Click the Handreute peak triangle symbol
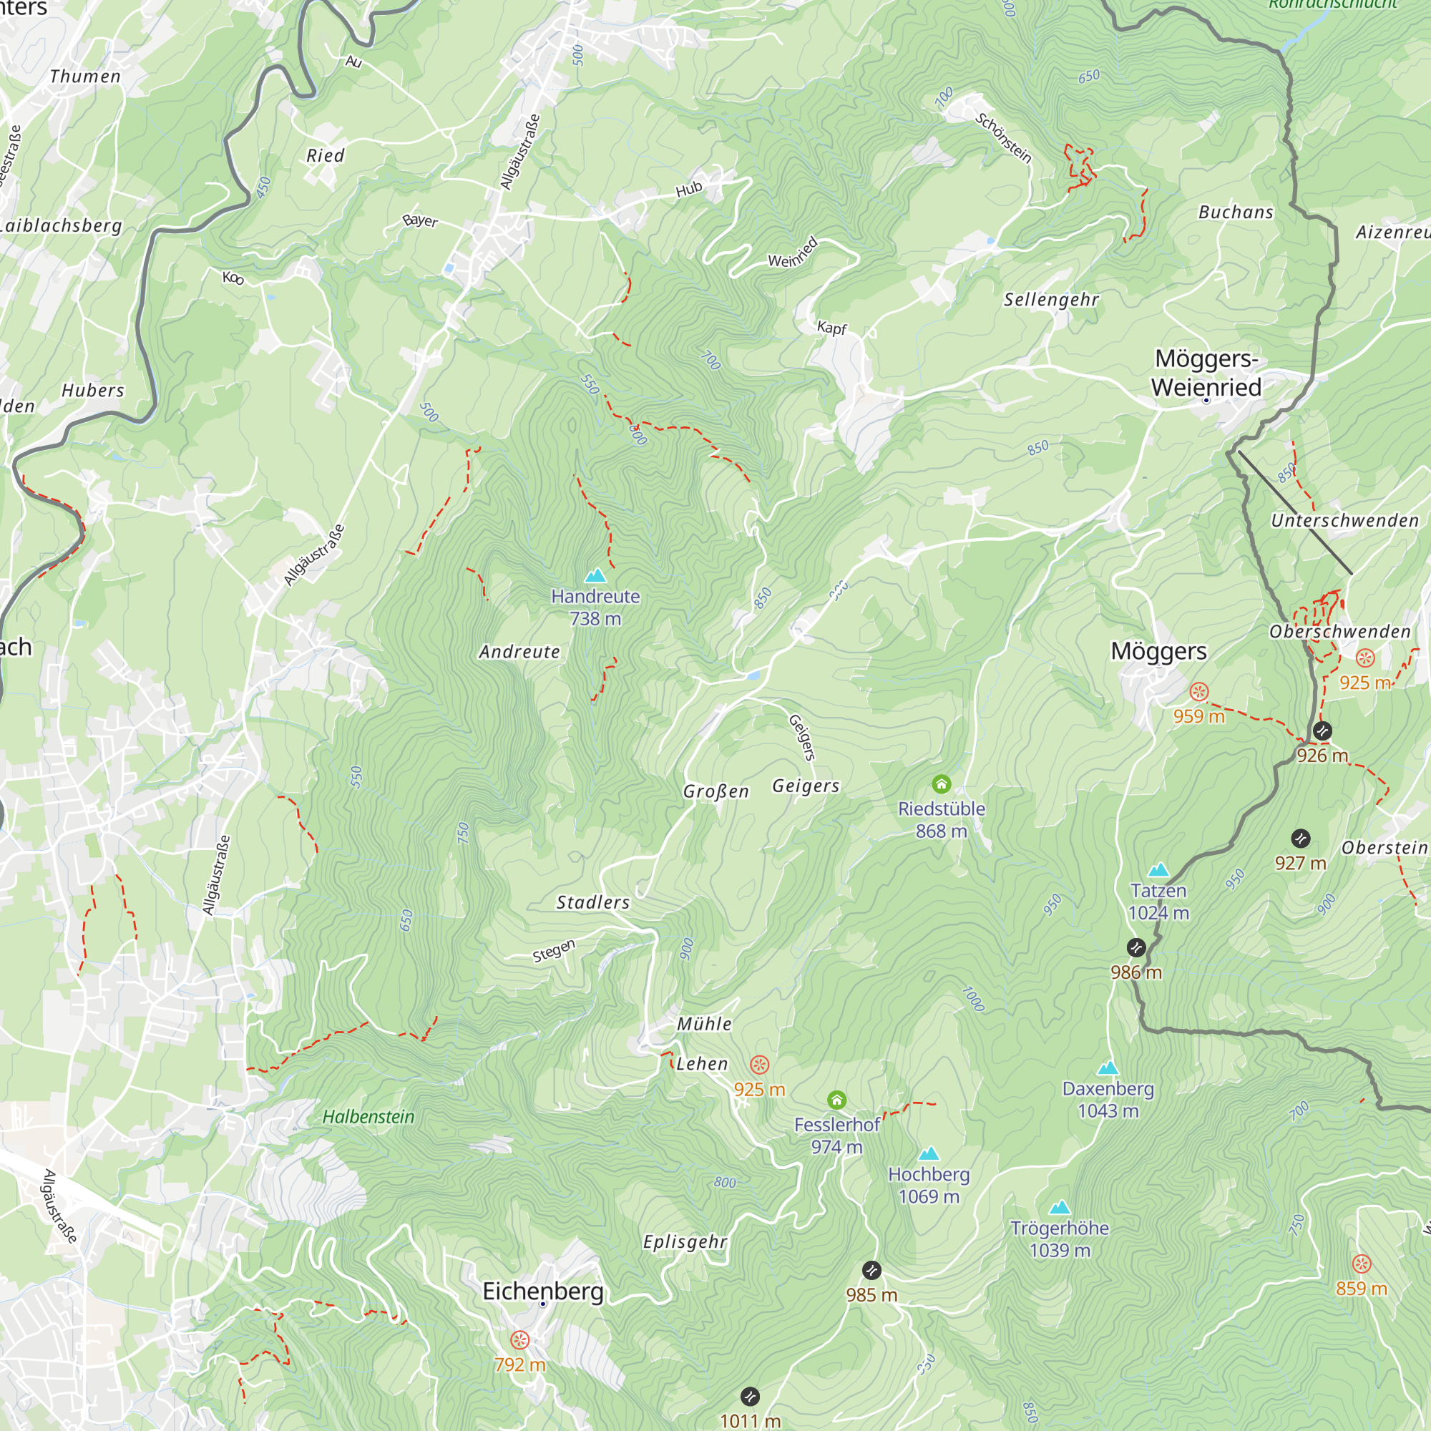click(x=595, y=575)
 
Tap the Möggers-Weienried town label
click(x=1206, y=373)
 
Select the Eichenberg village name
click(x=543, y=1291)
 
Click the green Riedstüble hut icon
click(x=941, y=783)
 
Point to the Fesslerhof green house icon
click(x=836, y=1099)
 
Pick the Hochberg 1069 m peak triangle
click(x=929, y=1153)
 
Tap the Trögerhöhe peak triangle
click(x=1060, y=1207)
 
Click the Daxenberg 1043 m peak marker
click(x=1108, y=1068)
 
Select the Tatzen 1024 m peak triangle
click(x=1158, y=869)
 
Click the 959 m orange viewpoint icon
click(x=1198, y=692)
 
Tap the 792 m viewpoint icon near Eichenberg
click(x=520, y=1340)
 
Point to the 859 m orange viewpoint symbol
click(x=1362, y=1264)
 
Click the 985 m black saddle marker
click(x=871, y=1270)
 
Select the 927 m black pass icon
click(x=1301, y=839)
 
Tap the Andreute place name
click(x=519, y=652)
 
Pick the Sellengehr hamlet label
click(x=1051, y=299)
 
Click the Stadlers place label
click(x=593, y=902)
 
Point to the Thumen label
click(x=85, y=77)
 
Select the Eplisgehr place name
click(x=685, y=1241)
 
